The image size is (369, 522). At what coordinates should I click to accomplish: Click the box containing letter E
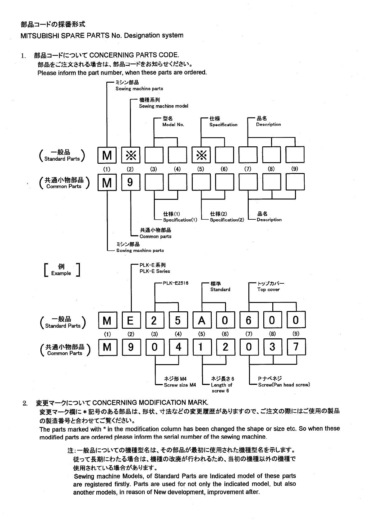click(x=131, y=320)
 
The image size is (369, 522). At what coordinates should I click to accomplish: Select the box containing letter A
click(x=201, y=320)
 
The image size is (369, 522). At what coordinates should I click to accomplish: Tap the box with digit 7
click(x=296, y=347)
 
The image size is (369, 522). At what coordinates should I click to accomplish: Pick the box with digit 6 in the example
click(x=248, y=320)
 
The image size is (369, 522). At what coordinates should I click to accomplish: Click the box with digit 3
click(x=272, y=347)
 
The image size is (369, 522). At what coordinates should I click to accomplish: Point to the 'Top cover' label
click(x=268, y=290)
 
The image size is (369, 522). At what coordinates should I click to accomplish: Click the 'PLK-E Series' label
click(x=155, y=271)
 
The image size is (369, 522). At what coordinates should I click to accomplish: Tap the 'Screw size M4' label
click(x=180, y=385)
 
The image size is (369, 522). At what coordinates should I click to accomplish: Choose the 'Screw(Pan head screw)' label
click(x=284, y=385)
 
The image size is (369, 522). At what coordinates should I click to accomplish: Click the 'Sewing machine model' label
click(x=164, y=106)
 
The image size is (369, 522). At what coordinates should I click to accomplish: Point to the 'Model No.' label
click(x=173, y=125)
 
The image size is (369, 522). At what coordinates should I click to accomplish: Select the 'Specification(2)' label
click(x=227, y=220)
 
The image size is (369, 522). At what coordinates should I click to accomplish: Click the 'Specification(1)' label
click(x=180, y=220)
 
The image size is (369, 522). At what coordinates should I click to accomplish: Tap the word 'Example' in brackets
click(x=61, y=273)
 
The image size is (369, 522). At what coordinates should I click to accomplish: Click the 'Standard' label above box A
click(x=220, y=290)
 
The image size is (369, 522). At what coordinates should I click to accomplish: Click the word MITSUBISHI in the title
click(x=39, y=35)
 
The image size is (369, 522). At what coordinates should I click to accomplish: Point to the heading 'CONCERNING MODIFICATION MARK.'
click(x=150, y=403)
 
